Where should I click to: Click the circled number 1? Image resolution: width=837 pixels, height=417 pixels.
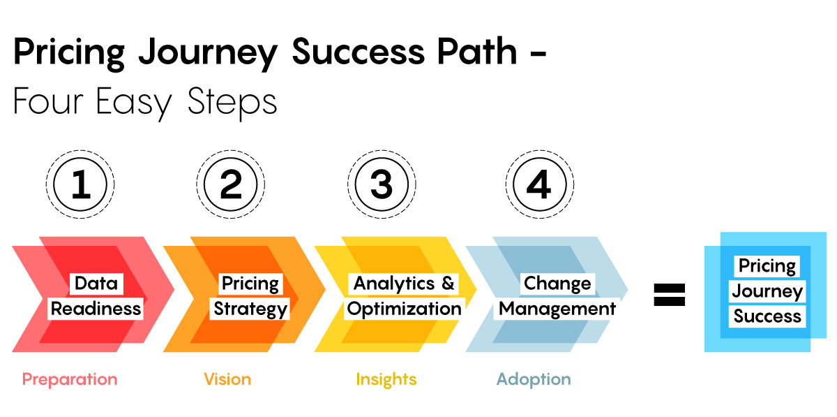click(80, 184)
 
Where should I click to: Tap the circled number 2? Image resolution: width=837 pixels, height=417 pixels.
click(231, 184)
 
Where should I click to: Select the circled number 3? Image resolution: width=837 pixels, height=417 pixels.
click(382, 184)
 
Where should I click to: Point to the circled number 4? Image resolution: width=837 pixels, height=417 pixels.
click(540, 184)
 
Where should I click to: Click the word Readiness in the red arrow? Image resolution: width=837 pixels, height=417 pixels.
click(96, 309)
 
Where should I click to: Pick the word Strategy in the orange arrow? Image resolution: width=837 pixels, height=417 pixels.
click(250, 309)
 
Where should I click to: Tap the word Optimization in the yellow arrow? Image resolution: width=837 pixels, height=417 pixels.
click(404, 309)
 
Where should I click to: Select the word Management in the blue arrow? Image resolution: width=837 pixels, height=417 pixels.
click(557, 309)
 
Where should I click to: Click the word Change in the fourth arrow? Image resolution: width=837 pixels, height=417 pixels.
click(557, 284)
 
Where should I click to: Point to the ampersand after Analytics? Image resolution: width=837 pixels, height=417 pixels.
click(448, 283)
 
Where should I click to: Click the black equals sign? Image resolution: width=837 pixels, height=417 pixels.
click(669, 295)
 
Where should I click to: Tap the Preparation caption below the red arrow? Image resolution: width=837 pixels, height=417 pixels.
click(70, 379)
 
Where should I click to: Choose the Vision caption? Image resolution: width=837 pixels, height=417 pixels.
click(227, 379)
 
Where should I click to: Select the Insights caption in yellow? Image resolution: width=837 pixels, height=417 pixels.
click(386, 379)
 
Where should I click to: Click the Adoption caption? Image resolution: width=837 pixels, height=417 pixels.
click(534, 379)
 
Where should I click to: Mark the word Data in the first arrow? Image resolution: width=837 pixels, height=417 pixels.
click(96, 284)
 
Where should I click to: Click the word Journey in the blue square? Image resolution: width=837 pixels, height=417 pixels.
click(767, 291)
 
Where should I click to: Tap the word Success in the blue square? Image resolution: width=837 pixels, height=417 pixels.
click(767, 316)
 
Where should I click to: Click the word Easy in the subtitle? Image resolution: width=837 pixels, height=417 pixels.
click(134, 103)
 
